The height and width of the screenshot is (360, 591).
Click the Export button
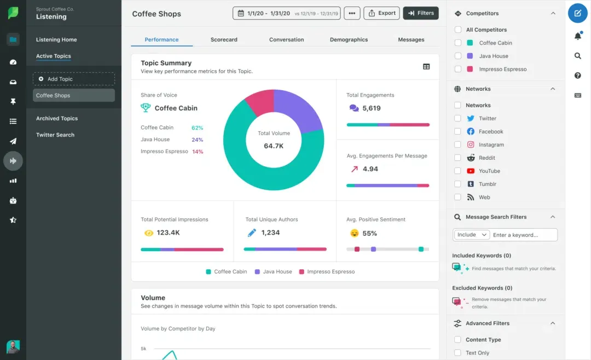(x=381, y=13)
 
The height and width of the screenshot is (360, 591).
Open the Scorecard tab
(x=224, y=39)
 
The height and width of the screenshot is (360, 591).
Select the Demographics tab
(x=349, y=39)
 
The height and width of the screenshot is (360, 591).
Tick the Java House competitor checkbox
(x=457, y=56)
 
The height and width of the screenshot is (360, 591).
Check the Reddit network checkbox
(x=457, y=158)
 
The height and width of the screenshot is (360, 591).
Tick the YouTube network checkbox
(x=457, y=171)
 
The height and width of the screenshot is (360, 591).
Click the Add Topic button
(x=74, y=79)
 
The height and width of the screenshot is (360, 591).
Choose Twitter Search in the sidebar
(x=55, y=135)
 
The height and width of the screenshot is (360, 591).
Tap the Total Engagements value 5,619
(x=371, y=108)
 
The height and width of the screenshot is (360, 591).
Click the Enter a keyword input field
(x=524, y=235)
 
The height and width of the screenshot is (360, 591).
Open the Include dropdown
(x=472, y=235)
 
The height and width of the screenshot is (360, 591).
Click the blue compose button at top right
(x=577, y=13)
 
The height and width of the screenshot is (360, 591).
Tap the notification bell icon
(x=577, y=36)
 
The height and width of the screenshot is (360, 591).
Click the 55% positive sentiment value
(x=369, y=233)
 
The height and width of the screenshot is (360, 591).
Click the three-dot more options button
(x=352, y=13)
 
